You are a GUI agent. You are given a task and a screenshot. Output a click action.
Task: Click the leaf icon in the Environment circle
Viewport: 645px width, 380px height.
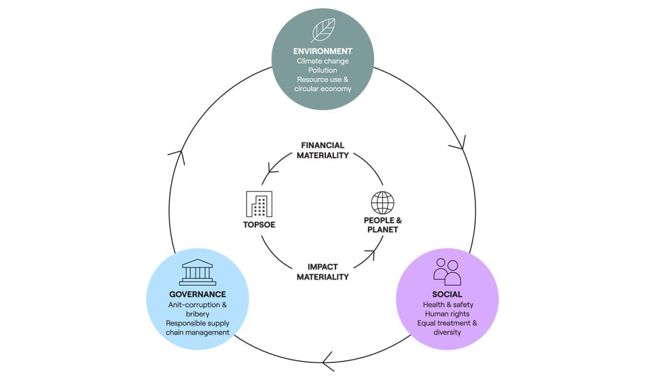click(x=322, y=31)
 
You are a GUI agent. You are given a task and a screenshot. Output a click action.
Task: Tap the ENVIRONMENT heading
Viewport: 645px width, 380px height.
click(x=322, y=51)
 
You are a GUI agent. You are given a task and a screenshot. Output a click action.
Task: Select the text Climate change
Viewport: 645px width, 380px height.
click(x=322, y=61)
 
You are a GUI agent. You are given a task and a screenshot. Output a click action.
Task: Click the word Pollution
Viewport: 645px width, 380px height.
click(x=322, y=71)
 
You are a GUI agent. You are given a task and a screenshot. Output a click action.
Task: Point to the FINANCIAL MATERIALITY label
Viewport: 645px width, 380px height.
click(x=322, y=150)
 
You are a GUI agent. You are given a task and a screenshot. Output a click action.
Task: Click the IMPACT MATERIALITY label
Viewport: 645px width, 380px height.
click(x=322, y=271)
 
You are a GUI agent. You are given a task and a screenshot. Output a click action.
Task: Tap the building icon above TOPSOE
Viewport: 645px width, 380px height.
click(x=258, y=204)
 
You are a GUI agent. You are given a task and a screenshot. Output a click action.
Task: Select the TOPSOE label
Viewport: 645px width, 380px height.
click(x=258, y=224)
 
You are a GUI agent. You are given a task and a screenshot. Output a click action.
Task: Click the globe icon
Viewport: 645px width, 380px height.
click(x=382, y=203)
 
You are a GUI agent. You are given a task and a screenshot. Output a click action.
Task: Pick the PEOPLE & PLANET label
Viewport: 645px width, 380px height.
click(x=382, y=225)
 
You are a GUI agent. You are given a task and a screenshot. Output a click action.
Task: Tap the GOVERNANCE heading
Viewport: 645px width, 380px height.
click(x=198, y=294)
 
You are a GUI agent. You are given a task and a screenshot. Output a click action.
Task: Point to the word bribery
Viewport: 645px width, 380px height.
click(x=198, y=314)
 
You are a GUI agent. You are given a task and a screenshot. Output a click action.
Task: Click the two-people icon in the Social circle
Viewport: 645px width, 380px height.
click(x=447, y=271)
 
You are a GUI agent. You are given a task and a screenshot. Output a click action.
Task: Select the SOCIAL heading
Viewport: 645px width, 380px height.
click(x=447, y=294)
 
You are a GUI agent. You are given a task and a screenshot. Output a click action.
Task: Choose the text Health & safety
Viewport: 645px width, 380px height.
click(x=447, y=305)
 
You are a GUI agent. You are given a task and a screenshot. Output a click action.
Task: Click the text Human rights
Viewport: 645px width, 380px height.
click(x=447, y=314)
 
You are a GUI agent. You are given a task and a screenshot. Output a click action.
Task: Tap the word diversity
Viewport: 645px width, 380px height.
click(x=447, y=332)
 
